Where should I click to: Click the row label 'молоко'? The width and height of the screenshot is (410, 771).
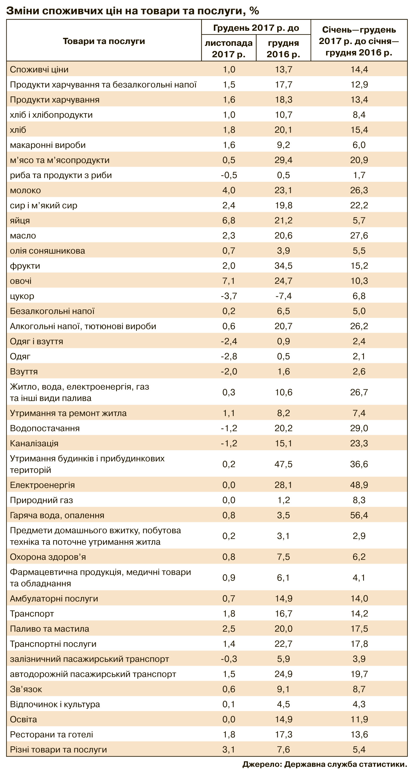25,190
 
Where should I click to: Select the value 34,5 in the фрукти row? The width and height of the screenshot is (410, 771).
283,266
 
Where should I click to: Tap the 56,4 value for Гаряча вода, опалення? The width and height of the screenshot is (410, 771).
359,515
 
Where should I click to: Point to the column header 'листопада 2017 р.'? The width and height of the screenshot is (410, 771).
229,48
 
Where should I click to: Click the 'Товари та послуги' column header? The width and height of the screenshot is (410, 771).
104,41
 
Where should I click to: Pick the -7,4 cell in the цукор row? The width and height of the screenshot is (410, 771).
283,296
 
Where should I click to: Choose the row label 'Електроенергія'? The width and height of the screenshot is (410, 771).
42,485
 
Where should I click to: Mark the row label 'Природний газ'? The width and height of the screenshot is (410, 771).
41,500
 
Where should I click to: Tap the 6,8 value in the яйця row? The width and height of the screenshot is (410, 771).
229,221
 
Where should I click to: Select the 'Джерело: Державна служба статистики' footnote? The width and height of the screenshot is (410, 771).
324,764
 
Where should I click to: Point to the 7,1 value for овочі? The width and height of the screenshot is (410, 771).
229,281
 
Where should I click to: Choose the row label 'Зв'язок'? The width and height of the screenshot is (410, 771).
26,689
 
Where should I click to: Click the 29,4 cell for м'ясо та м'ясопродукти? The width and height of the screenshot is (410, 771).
283,160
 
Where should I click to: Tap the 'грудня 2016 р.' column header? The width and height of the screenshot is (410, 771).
283,48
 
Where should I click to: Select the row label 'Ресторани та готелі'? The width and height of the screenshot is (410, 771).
52,734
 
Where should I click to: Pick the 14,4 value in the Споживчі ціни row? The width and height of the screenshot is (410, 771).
359,69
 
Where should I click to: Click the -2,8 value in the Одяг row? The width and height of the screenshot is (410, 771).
229,356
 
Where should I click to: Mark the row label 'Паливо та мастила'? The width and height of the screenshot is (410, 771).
49,629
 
